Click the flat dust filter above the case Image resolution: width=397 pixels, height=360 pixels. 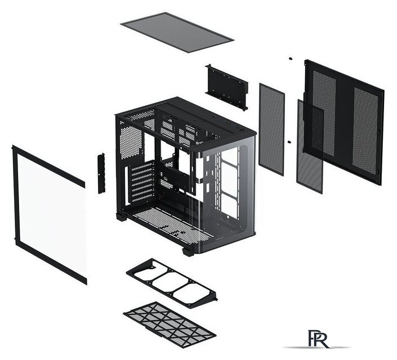pos(177,32)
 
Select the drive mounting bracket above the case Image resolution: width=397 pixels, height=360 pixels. pos(227,87)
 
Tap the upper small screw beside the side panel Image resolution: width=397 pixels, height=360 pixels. pos(291,58)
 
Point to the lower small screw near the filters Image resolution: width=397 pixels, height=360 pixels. pos(289,142)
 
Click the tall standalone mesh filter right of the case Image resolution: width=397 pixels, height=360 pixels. pos(271,129)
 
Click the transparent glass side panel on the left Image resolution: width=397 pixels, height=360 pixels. pos(50,214)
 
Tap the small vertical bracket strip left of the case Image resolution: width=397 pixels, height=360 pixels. pos(101,173)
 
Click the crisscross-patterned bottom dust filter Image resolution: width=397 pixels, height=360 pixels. pos(169,325)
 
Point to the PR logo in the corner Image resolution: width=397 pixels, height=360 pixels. pos(318,339)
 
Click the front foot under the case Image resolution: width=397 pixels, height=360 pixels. pos(189,252)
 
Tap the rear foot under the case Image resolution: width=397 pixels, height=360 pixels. pos(122,217)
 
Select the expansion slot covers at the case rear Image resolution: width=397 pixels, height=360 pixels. pos(142,182)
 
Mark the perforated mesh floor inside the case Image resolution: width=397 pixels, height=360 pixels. pos(172,224)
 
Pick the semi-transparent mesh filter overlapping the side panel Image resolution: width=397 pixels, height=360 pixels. pos(310,146)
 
